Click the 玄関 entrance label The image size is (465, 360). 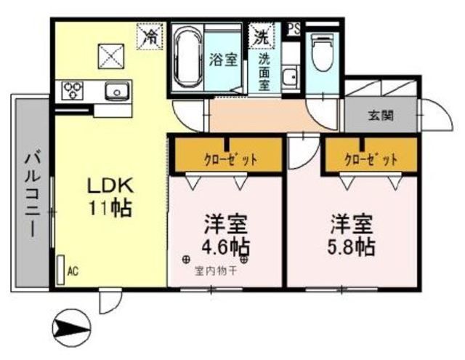tap(380, 115)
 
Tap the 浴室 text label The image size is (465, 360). tap(222, 61)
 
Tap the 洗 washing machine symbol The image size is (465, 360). tap(260, 34)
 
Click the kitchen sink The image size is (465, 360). tap(116, 92)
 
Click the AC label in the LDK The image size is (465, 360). tap(72, 271)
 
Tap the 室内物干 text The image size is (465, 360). tap(215, 272)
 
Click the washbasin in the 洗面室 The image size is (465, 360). tap(289, 76)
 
